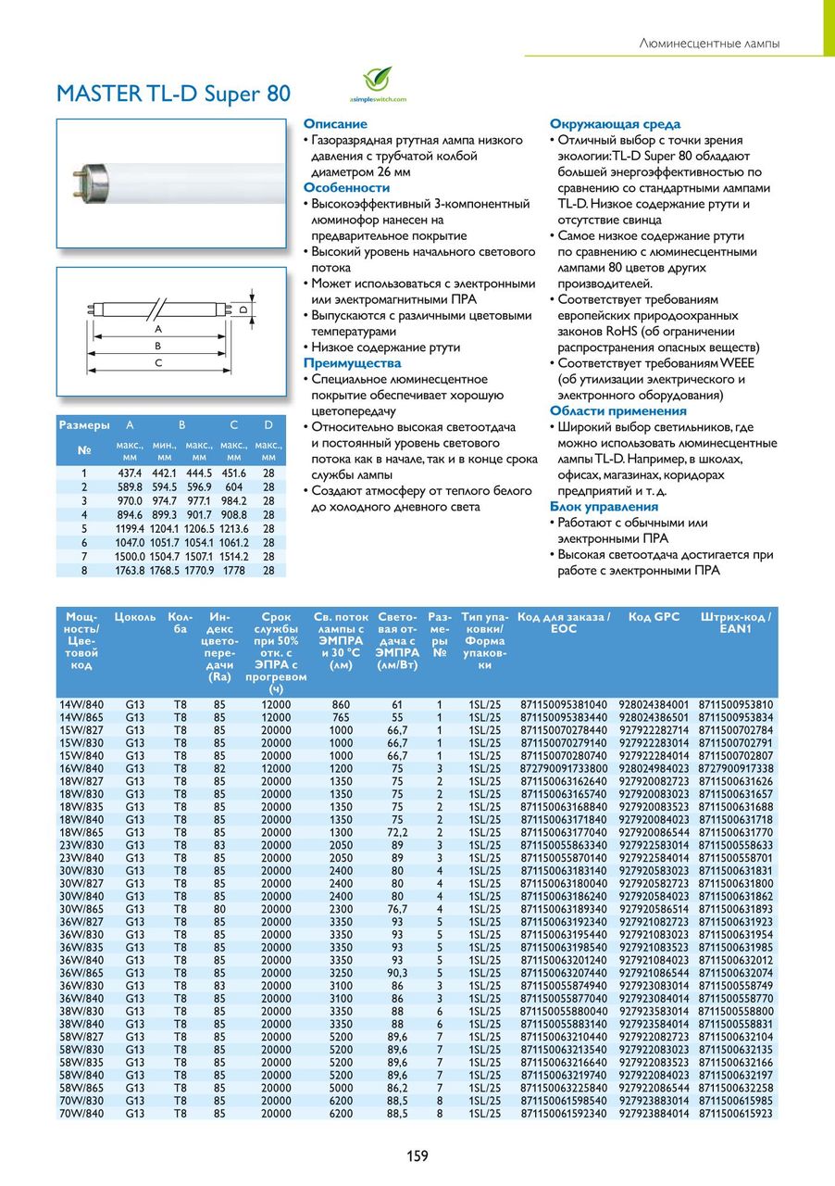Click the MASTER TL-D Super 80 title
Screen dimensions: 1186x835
pos(173,94)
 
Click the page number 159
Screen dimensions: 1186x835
pos(417,1155)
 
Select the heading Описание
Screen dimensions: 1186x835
pos(335,124)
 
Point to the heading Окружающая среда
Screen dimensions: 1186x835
pos(615,124)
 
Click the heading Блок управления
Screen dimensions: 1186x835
pos(604,507)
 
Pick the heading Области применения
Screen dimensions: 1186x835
pos(618,411)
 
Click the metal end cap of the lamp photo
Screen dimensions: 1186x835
pos(87,174)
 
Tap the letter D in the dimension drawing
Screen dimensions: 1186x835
pos(243,309)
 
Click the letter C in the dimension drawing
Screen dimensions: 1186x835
pos(158,362)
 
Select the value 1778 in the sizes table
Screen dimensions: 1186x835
pos(234,571)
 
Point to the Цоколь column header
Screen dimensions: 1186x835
pos(135,617)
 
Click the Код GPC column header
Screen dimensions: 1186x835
pos(654,617)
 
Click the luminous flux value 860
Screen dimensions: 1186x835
pos(341,705)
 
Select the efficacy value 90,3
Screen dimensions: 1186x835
pos(397,972)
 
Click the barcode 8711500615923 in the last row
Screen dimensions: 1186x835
pos(735,1113)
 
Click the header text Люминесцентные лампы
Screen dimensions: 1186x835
pos(710,44)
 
